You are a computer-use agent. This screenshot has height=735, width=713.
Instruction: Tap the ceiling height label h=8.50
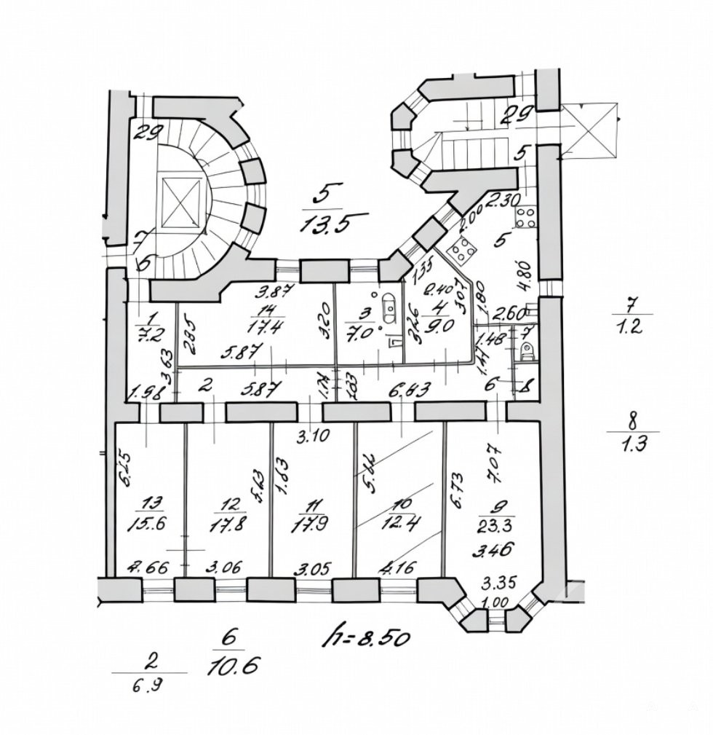pyautogui.click(x=367, y=637)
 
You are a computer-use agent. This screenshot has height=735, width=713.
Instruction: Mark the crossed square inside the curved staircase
pyautogui.click(x=181, y=201)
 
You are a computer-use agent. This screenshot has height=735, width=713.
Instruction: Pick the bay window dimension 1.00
pyautogui.click(x=498, y=602)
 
